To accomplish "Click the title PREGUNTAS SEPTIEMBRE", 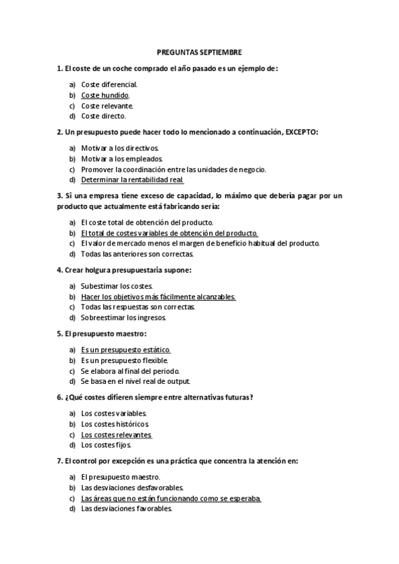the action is coord(199,51).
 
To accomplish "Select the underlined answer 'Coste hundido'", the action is coord(105,95).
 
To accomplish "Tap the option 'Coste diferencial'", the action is coord(109,84).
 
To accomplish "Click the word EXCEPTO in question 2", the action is coord(302,132).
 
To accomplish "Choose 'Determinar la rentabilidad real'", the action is coord(132,180).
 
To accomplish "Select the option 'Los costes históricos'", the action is coord(115,424).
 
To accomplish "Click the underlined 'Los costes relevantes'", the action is coord(116,434).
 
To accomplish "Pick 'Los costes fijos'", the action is coord(106,445).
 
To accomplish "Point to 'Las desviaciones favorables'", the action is coord(127,509).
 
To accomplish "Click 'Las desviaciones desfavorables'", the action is coord(132,488).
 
